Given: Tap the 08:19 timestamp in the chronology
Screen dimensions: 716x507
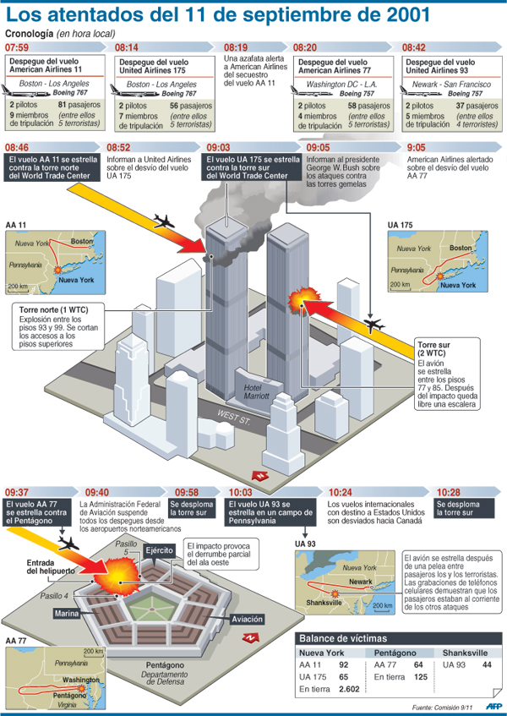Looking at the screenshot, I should tap(236, 47).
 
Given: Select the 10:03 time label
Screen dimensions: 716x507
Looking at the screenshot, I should tap(240, 492).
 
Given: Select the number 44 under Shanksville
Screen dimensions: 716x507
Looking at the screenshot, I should tap(487, 665).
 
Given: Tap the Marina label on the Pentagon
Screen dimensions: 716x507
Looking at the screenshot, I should tap(67, 613).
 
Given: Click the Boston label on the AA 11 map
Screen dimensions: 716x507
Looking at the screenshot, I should tap(81, 241).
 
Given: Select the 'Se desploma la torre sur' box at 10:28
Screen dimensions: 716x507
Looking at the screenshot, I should tap(464, 508).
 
